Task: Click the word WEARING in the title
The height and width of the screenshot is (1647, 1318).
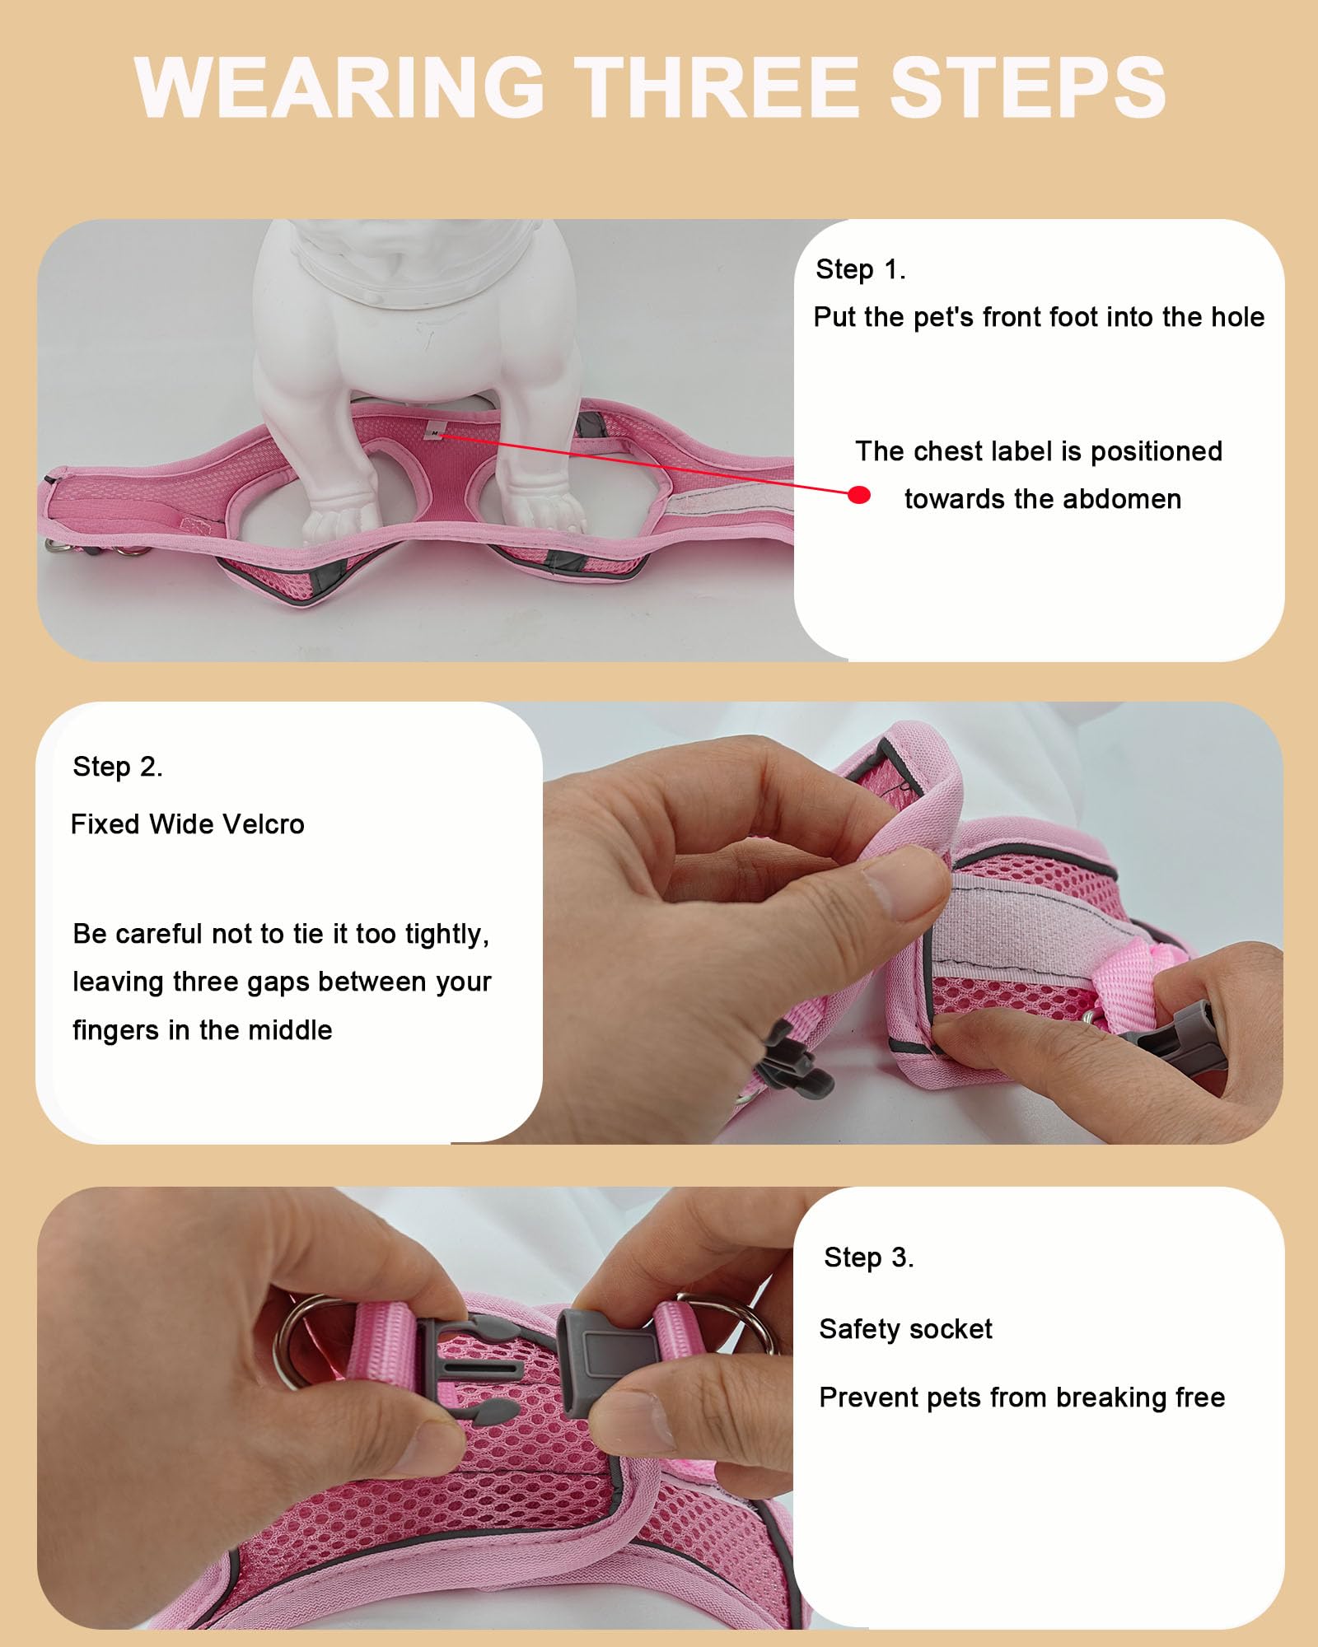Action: pos(339,87)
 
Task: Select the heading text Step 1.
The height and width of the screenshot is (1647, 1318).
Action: pos(860,269)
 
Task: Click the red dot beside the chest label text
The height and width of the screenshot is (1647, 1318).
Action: pos(859,495)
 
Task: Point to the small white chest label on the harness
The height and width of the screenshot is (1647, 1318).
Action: pos(434,432)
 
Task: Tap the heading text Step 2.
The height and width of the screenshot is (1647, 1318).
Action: pos(117,767)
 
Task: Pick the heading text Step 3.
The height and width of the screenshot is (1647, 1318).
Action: pos(868,1257)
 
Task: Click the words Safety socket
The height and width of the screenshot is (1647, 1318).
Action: pos(905,1329)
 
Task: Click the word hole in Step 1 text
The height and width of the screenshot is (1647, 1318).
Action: pos(1236,317)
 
